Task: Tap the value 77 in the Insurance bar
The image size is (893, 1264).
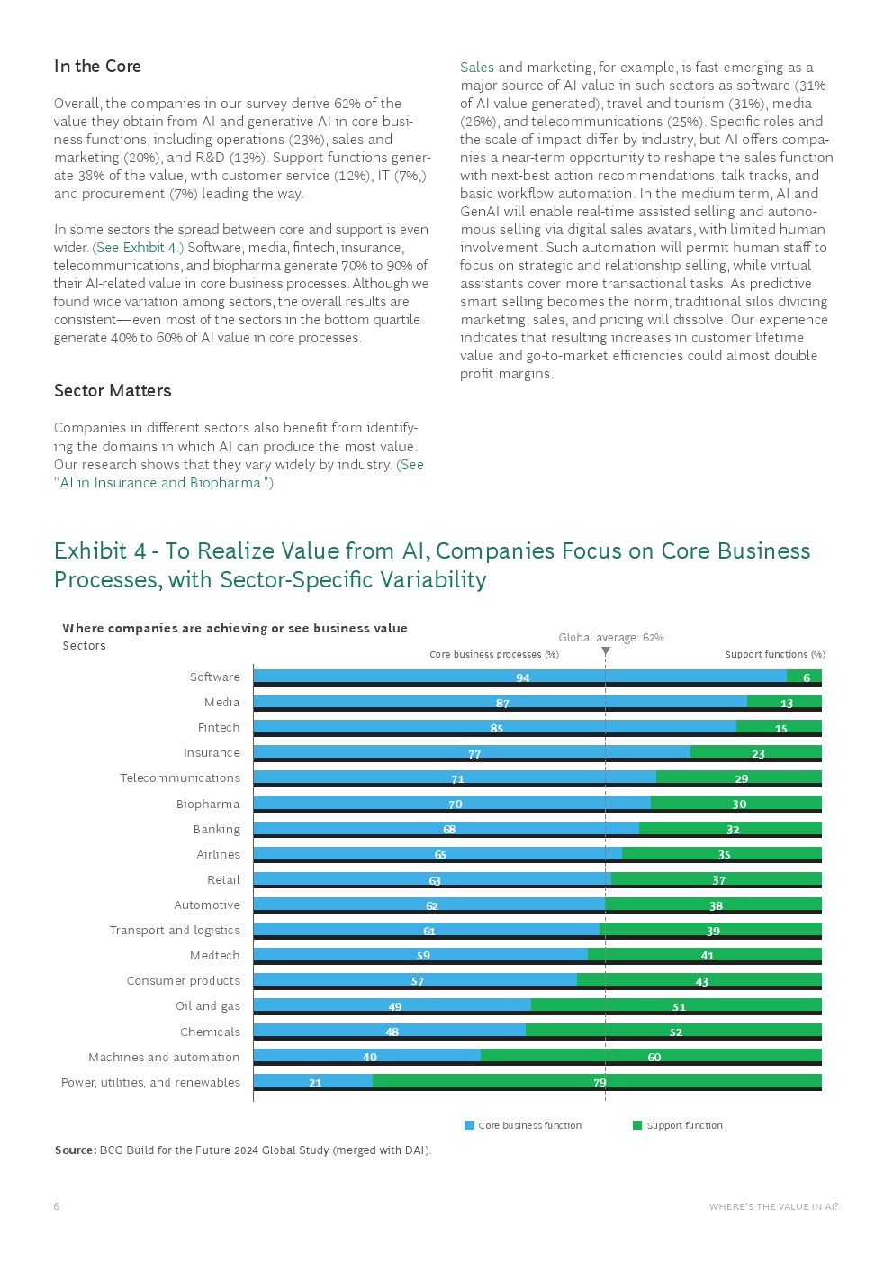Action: [x=474, y=754]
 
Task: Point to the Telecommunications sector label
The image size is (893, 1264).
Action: [x=180, y=778]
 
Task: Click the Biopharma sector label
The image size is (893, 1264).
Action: [x=208, y=805]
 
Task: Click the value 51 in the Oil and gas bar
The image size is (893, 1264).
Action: [x=679, y=1007]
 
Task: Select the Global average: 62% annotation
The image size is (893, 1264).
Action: [x=611, y=638]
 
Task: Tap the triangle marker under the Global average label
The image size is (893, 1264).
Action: [x=606, y=650]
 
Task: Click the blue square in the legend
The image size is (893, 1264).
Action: [x=469, y=1125]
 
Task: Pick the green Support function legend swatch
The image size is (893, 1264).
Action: [x=637, y=1125]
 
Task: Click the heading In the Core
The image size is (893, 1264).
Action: [x=97, y=67]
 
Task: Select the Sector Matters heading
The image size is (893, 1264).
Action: [x=113, y=391]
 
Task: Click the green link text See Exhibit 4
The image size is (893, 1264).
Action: [x=138, y=248]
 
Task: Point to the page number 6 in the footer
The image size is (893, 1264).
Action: [x=57, y=1206]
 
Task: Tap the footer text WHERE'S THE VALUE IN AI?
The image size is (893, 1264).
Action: [x=773, y=1206]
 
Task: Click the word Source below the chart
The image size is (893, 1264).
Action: [x=75, y=1150]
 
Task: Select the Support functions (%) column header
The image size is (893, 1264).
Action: [x=775, y=655]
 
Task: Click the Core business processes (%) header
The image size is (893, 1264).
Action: [x=494, y=655]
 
